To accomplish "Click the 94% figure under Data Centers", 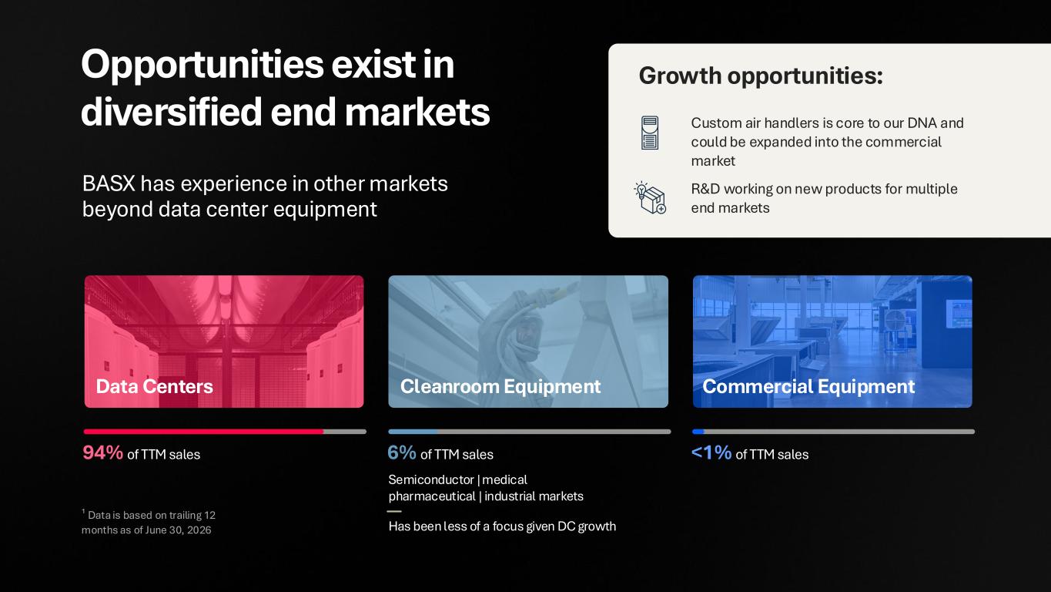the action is [x=102, y=453].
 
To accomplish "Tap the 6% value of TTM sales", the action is [x=402, y=453].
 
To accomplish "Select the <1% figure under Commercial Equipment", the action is [x=711, y=453].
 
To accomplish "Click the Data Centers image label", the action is [x=154, y=386].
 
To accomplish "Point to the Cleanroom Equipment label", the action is [x=500, y=387].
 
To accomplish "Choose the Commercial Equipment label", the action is [x=808, y=387].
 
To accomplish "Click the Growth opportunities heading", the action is [x=761, y=76].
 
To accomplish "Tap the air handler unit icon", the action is [x=650, y=133].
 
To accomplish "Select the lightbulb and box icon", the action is [x=651, y=198].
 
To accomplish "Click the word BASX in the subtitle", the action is [x=109, y=183].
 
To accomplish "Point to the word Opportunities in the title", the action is [x=203, y=66].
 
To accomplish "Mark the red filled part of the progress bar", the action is [x=203, y=432].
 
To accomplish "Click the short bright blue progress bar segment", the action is [x=698, y=432].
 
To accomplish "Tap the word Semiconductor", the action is [x=430, y=479].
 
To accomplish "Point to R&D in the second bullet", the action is [x=705, y=189].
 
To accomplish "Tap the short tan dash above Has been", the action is [x=394, y=511].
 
